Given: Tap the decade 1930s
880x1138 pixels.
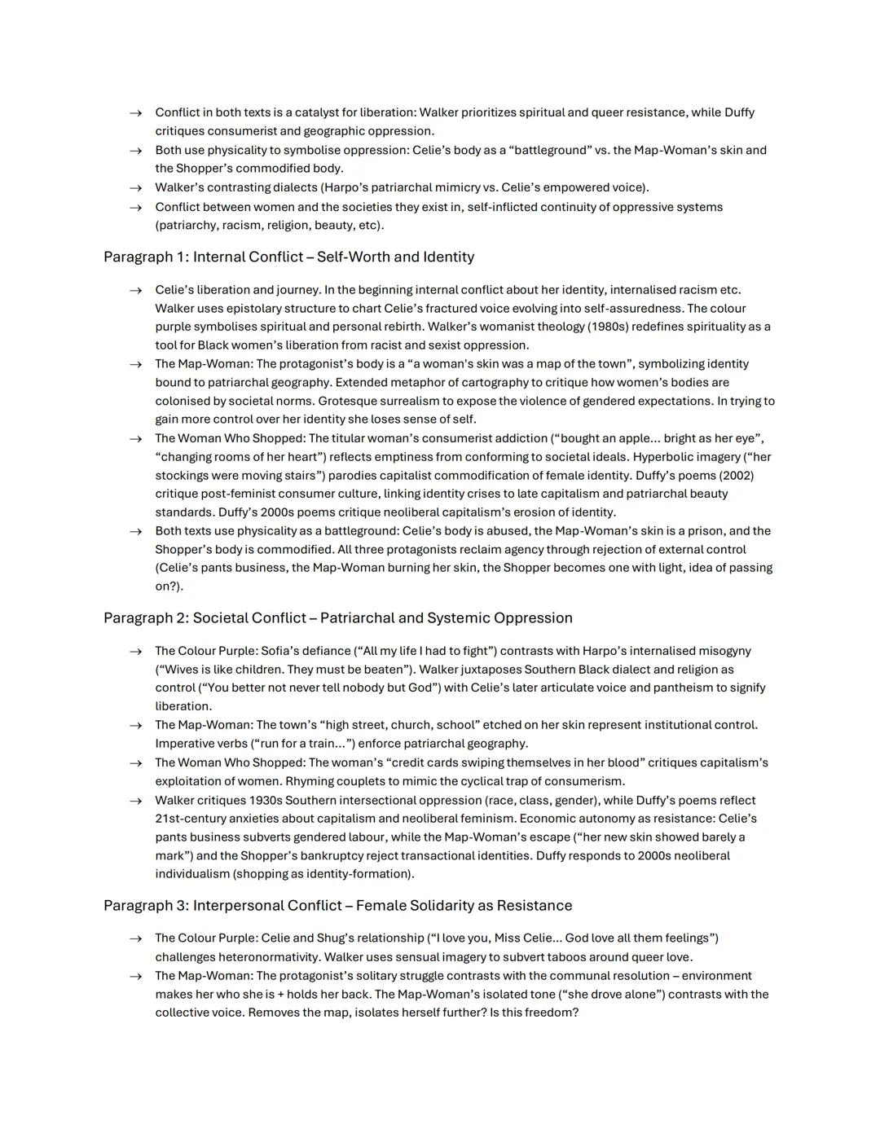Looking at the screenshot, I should click(x=278, y=801).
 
